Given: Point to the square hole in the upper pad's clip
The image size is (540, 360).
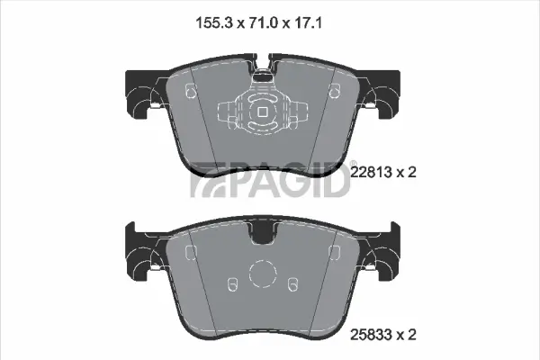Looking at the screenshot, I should pos(261,112).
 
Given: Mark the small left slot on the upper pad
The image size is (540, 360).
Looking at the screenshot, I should pos(190,90).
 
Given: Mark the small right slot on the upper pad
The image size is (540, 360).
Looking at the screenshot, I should pos(334,90).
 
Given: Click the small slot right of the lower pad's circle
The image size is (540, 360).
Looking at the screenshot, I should pos(292,284).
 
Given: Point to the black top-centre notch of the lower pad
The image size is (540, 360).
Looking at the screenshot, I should pos(262,235).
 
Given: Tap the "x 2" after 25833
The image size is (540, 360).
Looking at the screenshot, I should pos(409,336).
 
